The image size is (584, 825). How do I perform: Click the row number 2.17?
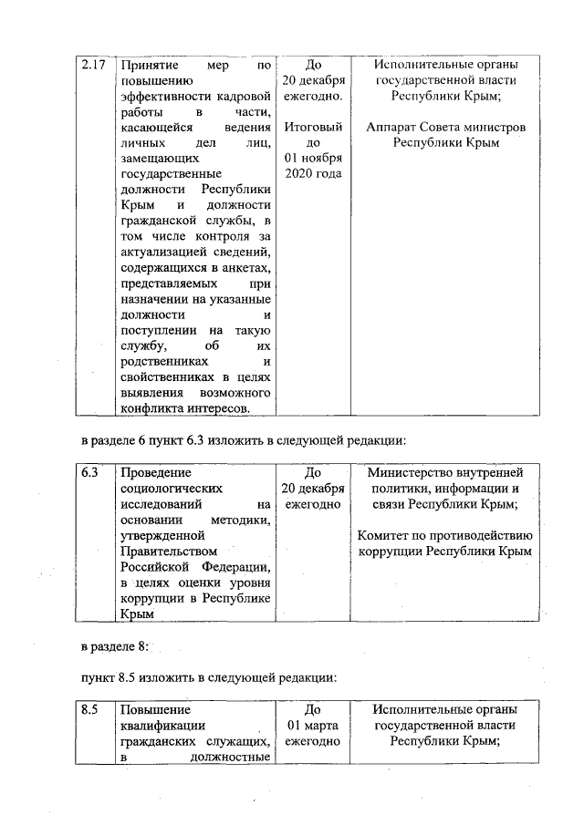[x=92, y=65]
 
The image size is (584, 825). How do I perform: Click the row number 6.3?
[x=89, y=473]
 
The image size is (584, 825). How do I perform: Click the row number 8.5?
[x=89, y=709]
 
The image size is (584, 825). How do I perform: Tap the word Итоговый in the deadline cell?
[x=313, y=127]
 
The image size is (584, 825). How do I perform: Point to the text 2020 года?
[x=313, y=173]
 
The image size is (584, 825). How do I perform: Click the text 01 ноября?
[x=313, y=158]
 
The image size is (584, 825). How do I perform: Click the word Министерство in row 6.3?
[x=407, y=473]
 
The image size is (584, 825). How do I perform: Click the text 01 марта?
[x=313, y=725]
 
